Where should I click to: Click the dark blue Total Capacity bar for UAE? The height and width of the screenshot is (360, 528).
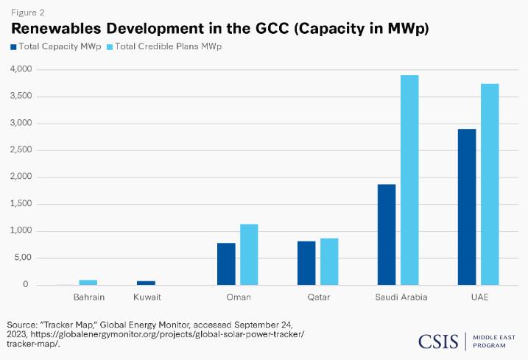[467, 207]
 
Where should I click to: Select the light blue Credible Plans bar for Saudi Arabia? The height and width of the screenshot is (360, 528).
[409, 180]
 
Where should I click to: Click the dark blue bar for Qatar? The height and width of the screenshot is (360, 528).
[306, 263]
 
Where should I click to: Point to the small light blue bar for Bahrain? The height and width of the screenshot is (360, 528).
[88, 282]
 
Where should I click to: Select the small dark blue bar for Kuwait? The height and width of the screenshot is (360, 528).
[146, 282]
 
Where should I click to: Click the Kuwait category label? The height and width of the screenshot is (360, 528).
[147, 297]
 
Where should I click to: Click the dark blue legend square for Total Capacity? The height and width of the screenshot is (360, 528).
[13, 46]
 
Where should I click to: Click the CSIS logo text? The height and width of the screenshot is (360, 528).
[439, 340]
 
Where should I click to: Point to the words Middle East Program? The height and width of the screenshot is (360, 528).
[494, 340]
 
